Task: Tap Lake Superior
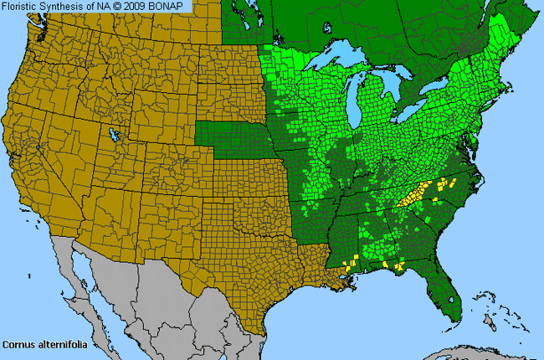pos(335,64)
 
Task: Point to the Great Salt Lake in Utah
pos(112,134)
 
